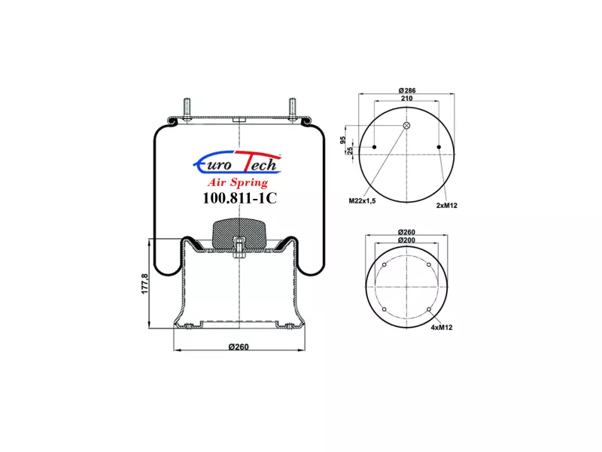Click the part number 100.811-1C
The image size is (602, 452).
(x=239, y=198)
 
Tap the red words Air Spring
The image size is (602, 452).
(x=238, y=182)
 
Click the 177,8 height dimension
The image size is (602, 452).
(x=144, y=284)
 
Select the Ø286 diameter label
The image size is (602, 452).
(x=407, y=90)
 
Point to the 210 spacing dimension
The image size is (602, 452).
(x=406, y=99)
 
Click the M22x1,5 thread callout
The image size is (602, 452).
(x=362, y=200)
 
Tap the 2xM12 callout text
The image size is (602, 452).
(x=447, y=205)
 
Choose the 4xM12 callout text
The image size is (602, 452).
(x=442, y=328)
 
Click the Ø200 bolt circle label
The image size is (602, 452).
(x=406, y=240)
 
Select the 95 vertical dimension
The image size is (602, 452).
(x=343, y=140)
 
